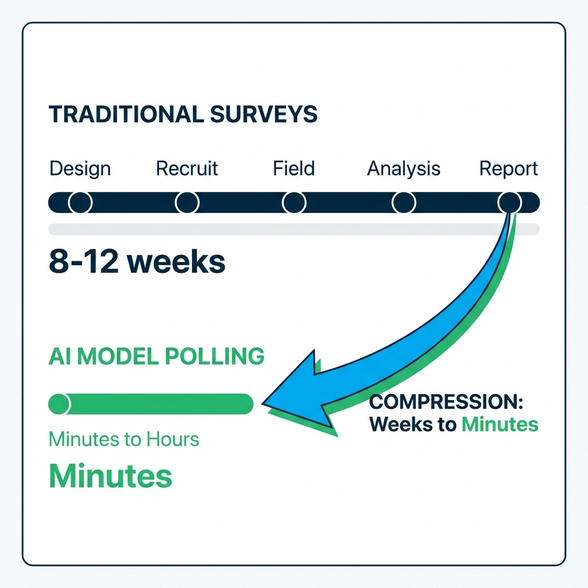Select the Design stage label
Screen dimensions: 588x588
click(x=80, y=169)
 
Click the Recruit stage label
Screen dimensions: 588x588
click(x=187, y=169)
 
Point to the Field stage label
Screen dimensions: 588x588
click(x=294, y=169)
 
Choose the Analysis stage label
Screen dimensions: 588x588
click(x=404, y=169)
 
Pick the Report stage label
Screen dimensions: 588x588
click(x=509, y=169)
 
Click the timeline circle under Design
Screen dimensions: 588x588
click(x=80, y=202)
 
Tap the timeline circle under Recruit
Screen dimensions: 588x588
click(x=187, y=202)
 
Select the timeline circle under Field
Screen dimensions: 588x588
click(x=294, y=202)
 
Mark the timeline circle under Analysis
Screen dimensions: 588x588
click(x=404, y=202)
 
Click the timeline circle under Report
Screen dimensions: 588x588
click(x=509, y=202)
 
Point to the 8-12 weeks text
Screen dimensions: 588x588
click(x=137, y=261)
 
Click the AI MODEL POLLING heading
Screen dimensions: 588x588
click(x=156, y=356)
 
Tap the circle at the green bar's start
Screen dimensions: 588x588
click(x=59, y=404)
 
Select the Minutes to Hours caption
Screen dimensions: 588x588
click(x=124, y=440)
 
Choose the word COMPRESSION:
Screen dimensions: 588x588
click(x=446, y=402)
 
